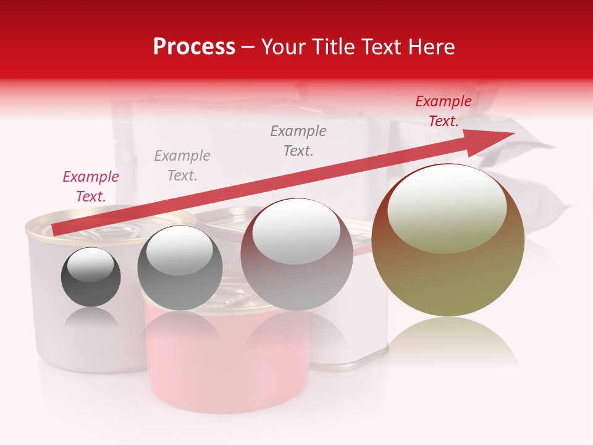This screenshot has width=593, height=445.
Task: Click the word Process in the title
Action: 194,47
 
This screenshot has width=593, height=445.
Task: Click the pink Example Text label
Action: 91,187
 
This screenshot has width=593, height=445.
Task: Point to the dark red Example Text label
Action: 444,111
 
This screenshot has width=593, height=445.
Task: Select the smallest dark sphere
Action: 91,277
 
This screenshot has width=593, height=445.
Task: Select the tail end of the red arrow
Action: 57,230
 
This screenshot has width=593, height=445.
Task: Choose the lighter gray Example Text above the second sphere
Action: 182,166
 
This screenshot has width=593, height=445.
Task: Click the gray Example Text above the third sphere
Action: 298,141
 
